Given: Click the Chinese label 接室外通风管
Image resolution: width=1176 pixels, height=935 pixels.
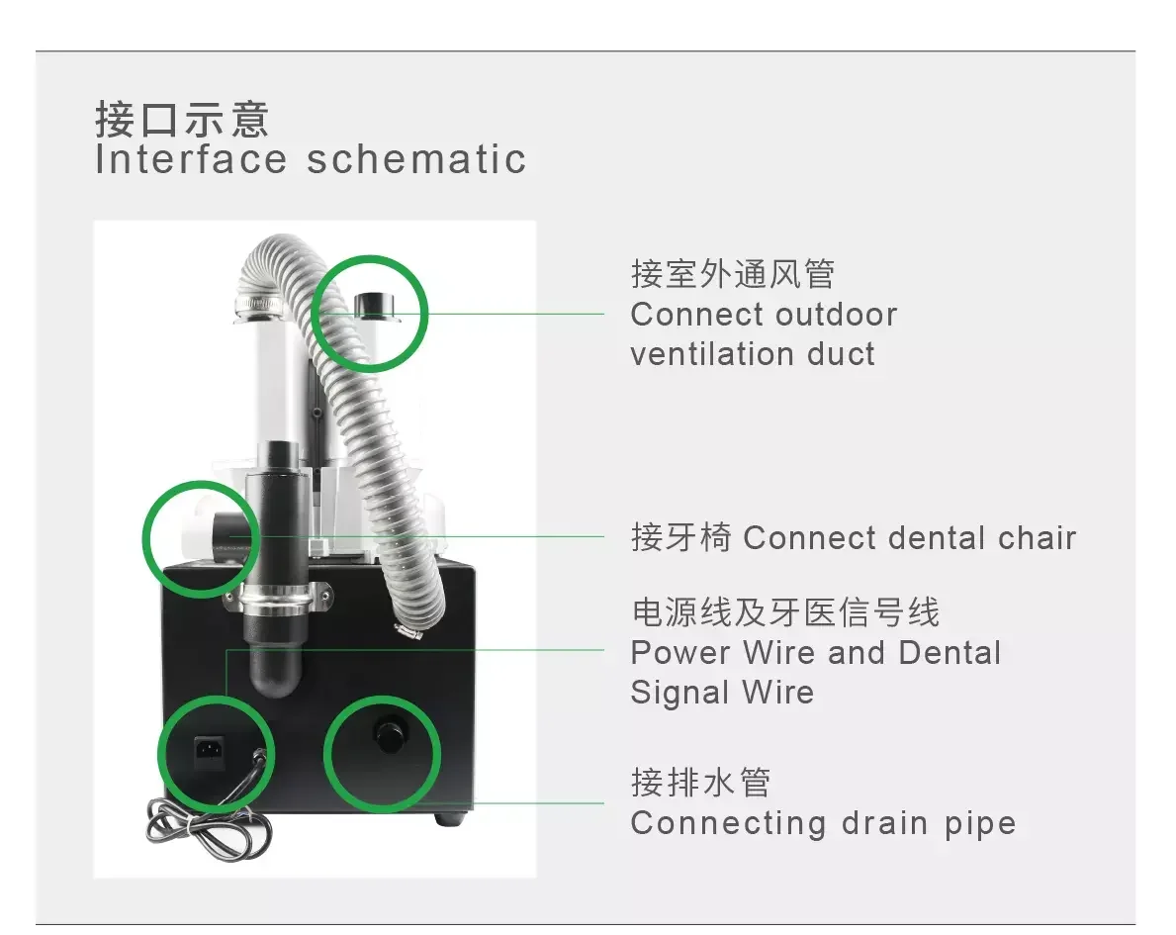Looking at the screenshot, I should coord(733,274).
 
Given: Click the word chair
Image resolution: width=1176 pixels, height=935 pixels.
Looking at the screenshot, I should coord(1037,538).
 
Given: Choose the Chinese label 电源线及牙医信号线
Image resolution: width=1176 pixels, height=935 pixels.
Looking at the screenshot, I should coord(785,612).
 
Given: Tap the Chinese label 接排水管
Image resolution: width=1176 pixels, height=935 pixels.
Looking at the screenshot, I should coord(700,783).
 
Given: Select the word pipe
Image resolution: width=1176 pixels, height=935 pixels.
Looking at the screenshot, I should coord(978,824).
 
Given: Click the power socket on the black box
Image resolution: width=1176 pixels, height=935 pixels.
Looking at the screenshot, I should coord(211,751).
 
